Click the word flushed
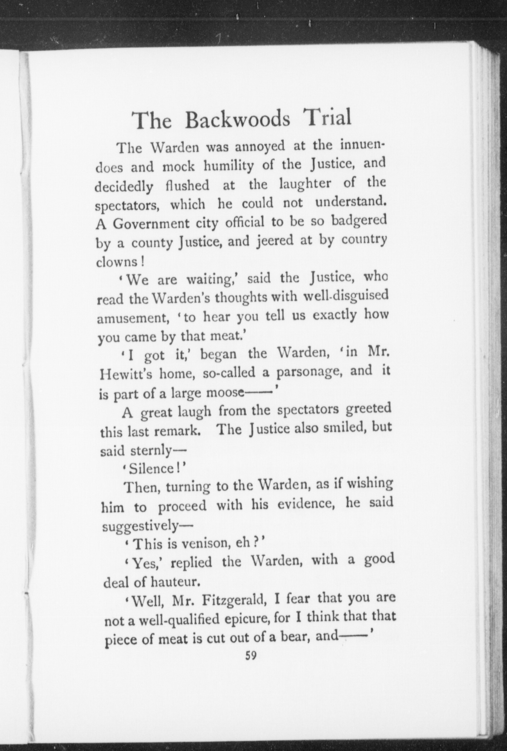coord(188,186)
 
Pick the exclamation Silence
coord(153,469)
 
